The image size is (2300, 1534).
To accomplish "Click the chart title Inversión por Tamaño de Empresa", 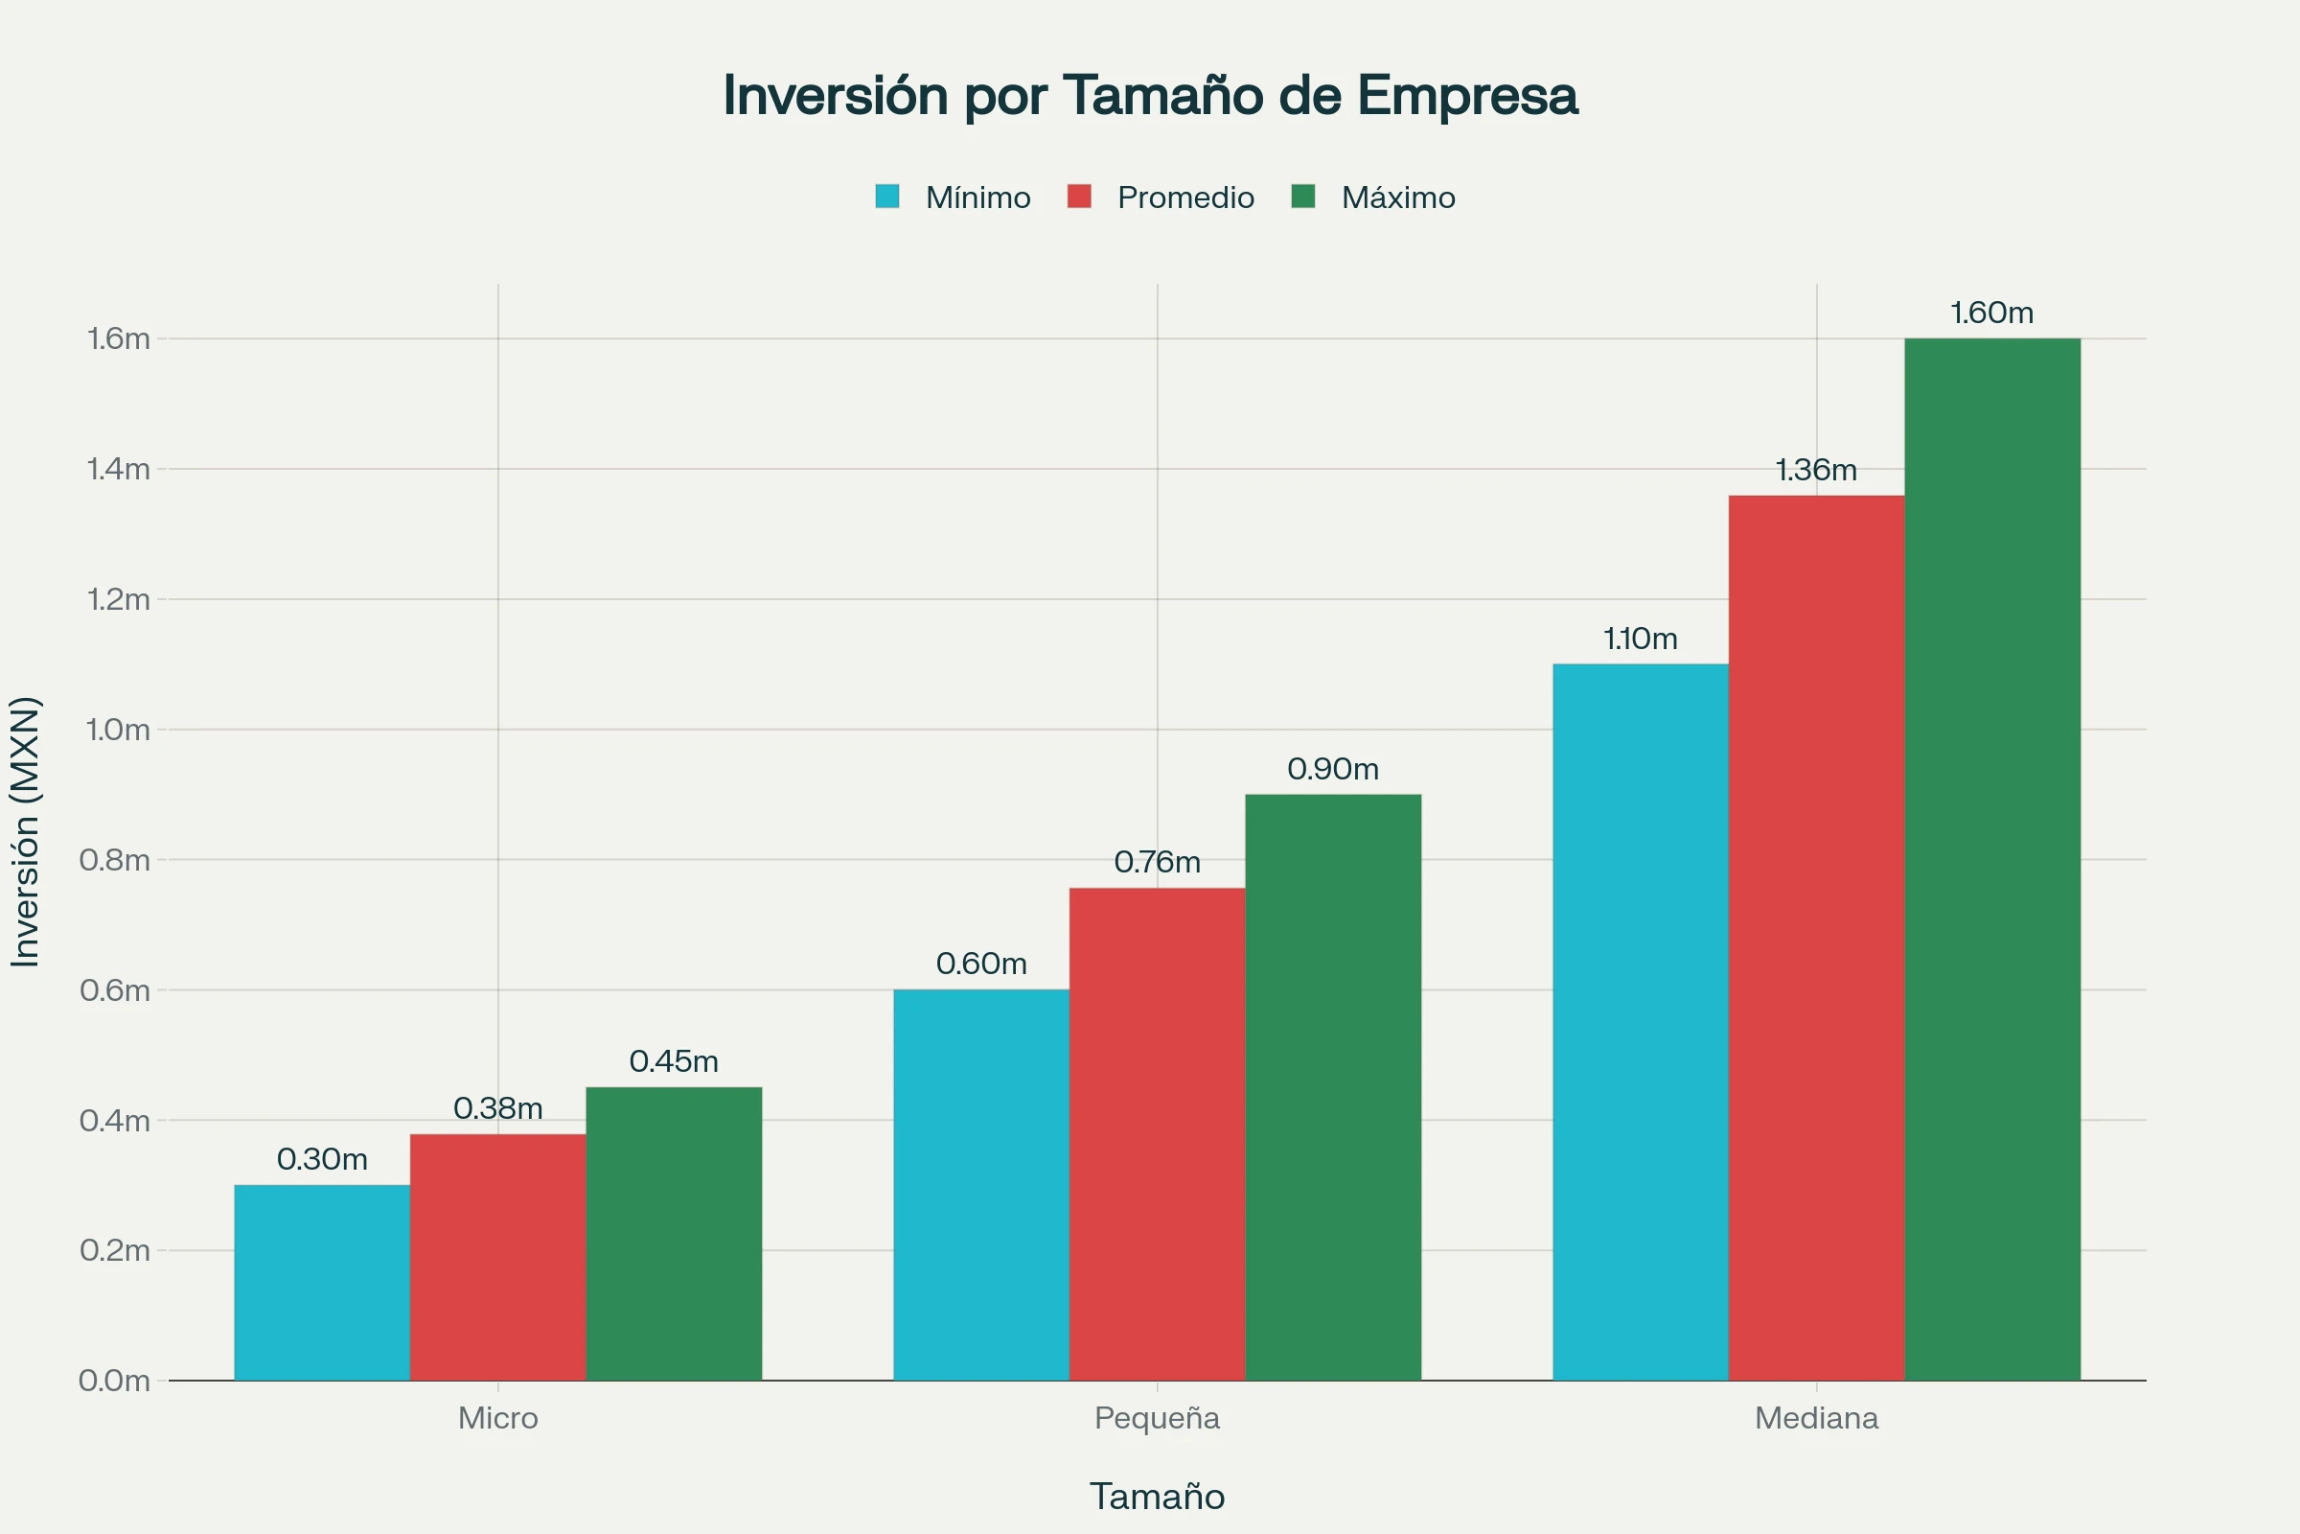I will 1150,96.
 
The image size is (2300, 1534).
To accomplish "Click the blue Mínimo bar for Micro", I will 322,1283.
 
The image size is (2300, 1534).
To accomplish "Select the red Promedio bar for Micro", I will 497,1257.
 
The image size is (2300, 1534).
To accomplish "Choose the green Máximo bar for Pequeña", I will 1333,1087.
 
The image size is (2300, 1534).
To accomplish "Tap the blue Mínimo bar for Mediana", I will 1640,1022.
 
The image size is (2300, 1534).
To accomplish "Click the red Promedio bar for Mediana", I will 1816,939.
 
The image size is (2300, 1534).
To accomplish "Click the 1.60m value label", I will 1991,314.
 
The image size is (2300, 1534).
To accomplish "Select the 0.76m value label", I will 1157,862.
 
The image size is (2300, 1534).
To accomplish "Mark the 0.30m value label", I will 322,1159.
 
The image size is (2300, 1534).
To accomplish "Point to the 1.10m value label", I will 1640,639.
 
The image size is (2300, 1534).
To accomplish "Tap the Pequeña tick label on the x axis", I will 1157,1418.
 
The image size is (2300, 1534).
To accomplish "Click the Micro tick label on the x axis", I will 497,1418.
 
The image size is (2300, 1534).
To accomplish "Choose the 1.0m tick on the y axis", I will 117,730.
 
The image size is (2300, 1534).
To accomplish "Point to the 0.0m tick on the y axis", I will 114,1381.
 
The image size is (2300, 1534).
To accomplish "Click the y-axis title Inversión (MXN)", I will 26,831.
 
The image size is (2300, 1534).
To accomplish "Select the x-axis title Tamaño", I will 1157,1496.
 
